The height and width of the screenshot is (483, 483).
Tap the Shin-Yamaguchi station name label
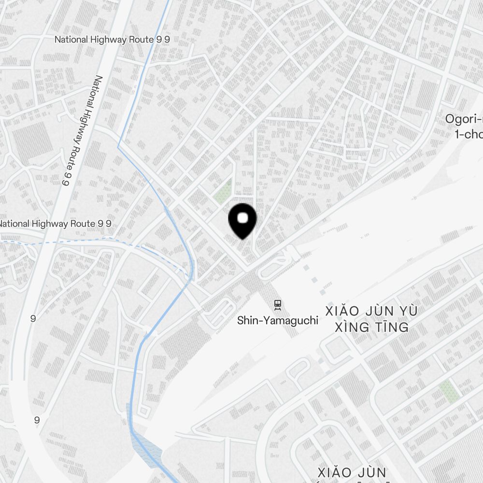click(278, 320)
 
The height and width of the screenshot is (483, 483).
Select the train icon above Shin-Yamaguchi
click(278, 304)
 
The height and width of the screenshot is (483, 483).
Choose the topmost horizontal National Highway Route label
click(112, 40)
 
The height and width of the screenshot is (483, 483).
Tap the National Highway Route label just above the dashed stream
click(56, 224)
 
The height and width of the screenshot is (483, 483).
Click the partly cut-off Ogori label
click(464, 119)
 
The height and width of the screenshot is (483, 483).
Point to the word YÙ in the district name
click(408, 311)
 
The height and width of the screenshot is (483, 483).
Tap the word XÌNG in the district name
click(351, 327)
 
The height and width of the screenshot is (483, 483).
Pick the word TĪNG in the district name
click(391, 327)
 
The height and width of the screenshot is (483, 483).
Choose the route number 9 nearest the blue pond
click(37, 420)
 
